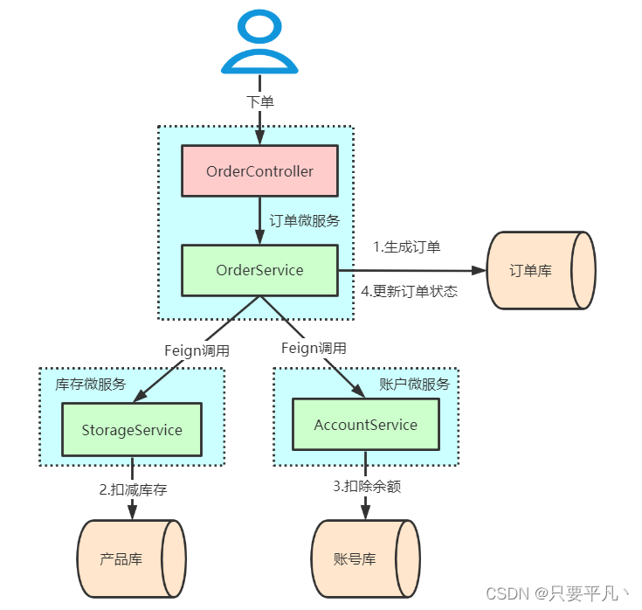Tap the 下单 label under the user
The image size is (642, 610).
click(259, 102)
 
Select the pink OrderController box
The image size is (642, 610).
click(259, 171)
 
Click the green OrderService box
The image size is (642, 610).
click(259, 270)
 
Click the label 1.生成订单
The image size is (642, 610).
click(406, 246)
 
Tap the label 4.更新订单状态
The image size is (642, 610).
click(409, 291)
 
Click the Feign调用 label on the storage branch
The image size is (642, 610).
click(197, 350)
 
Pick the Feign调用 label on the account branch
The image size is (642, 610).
click(314, 348)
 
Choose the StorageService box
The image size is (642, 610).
click(132, 430)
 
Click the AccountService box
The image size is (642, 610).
click(365, 426)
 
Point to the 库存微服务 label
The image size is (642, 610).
click(91, 384)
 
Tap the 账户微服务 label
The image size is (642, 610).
click(415, 384)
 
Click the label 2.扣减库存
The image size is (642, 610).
click(133, 489)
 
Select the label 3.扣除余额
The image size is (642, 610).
click(366, 486)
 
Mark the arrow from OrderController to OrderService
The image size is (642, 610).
click(259, 220)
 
